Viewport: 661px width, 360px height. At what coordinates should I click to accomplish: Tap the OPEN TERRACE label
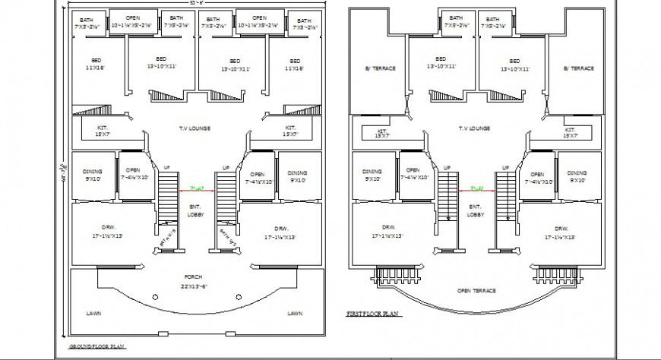476,291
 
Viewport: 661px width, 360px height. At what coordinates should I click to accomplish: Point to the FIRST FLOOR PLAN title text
373,313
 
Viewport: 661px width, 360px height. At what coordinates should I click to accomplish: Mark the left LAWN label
93,313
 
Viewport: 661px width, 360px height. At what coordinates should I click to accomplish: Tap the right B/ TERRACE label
578,68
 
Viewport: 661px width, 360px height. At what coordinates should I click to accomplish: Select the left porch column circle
154,297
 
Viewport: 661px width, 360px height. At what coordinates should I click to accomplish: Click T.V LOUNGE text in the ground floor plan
195,128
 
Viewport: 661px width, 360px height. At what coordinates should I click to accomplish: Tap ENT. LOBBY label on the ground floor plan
195,210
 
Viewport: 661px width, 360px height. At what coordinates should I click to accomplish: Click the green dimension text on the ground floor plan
197,188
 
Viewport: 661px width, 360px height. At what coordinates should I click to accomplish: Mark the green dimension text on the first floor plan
476,188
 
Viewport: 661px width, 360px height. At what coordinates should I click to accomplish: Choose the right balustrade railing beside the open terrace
557,273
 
